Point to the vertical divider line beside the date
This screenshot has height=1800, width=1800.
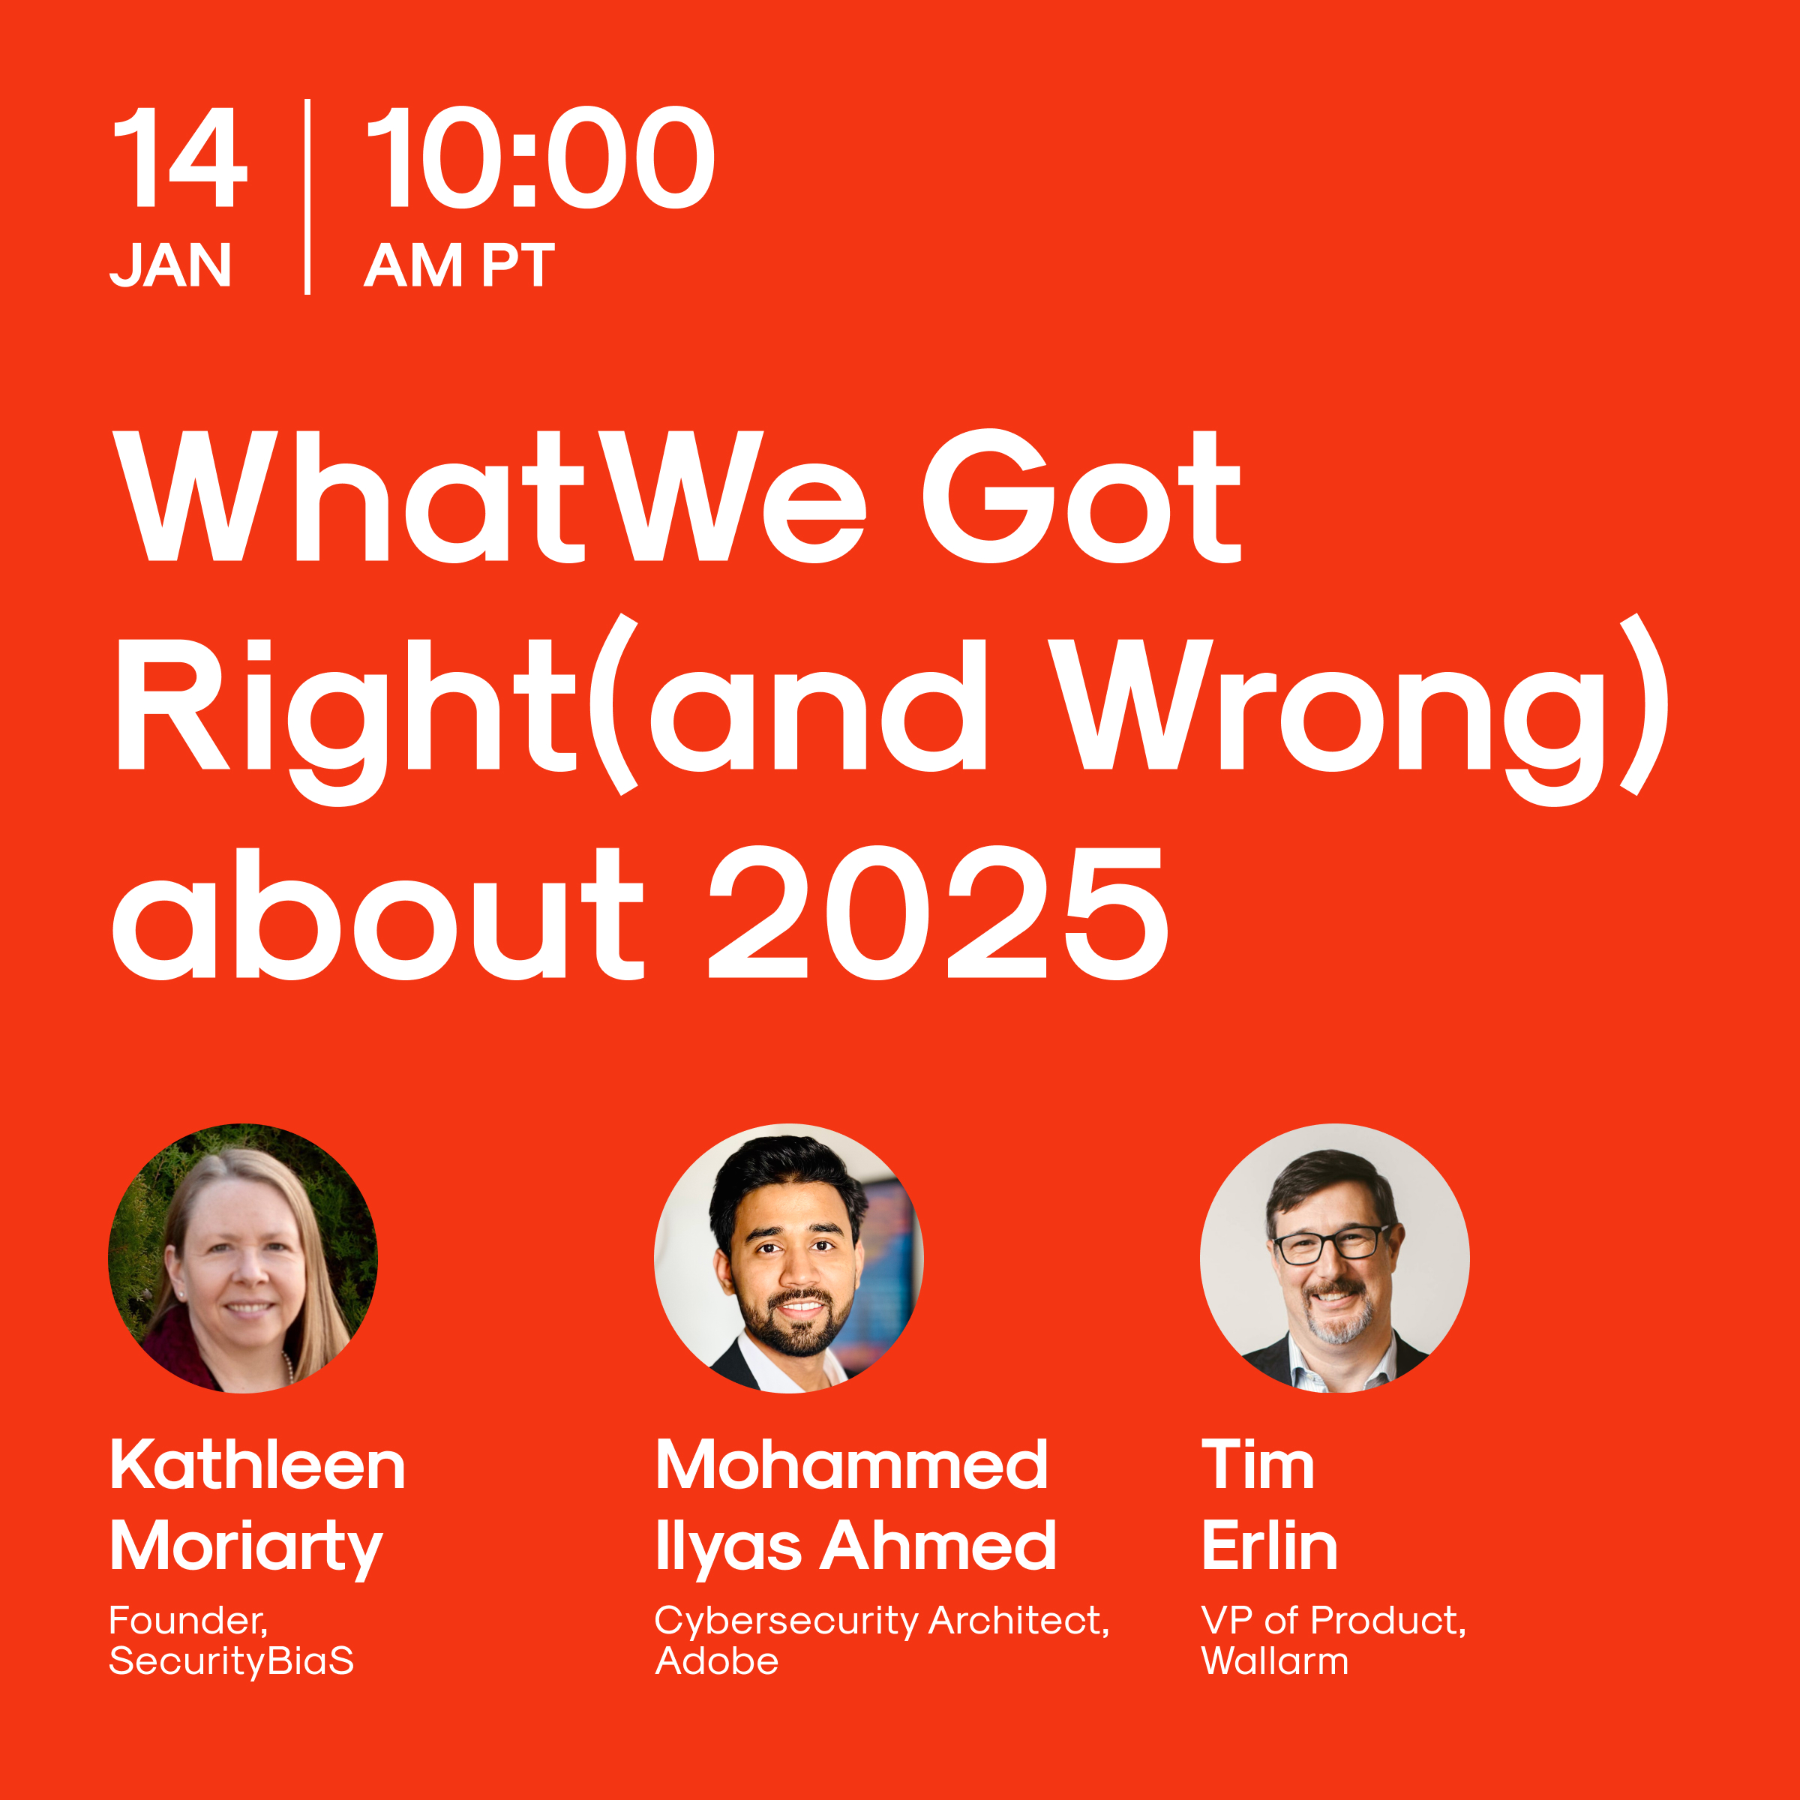307,196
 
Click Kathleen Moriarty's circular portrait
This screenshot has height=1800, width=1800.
243,1258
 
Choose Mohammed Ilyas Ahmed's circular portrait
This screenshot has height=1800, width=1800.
789,1258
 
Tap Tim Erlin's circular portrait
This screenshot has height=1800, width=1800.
1334,1258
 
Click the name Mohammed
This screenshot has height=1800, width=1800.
851,1465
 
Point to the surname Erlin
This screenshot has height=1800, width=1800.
1269,1547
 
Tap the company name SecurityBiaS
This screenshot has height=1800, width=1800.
231,1661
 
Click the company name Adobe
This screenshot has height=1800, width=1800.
716,1661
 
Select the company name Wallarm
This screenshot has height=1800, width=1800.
1274,1661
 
